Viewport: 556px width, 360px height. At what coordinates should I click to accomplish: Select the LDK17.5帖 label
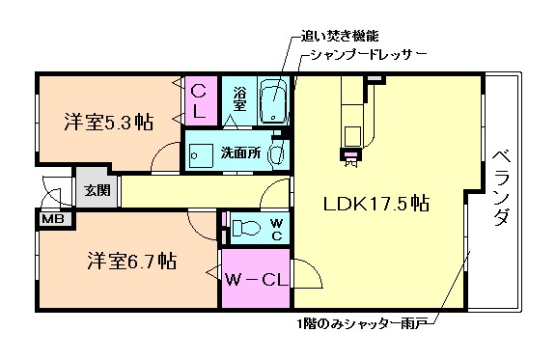point(375,204)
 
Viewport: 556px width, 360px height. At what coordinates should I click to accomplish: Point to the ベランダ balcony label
point(501,188)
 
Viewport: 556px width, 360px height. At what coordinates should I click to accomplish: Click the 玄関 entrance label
point(97,190)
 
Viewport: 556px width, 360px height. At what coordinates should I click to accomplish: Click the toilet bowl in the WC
point(244,229)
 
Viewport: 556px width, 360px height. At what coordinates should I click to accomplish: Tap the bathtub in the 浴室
point(275,101)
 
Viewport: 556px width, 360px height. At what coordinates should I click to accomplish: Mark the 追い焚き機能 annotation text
point(332,36)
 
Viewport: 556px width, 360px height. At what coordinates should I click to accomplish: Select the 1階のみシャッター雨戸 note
point(363,324)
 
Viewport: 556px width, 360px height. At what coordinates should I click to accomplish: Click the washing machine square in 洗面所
point(202,153)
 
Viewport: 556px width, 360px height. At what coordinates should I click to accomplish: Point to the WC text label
point(276,228)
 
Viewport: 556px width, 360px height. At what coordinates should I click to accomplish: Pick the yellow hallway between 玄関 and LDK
point(193,190)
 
